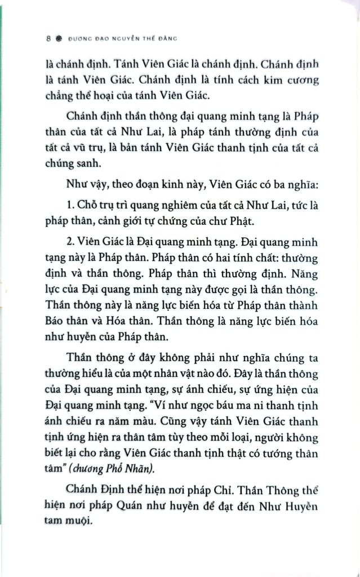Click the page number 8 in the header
pos(49,39)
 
